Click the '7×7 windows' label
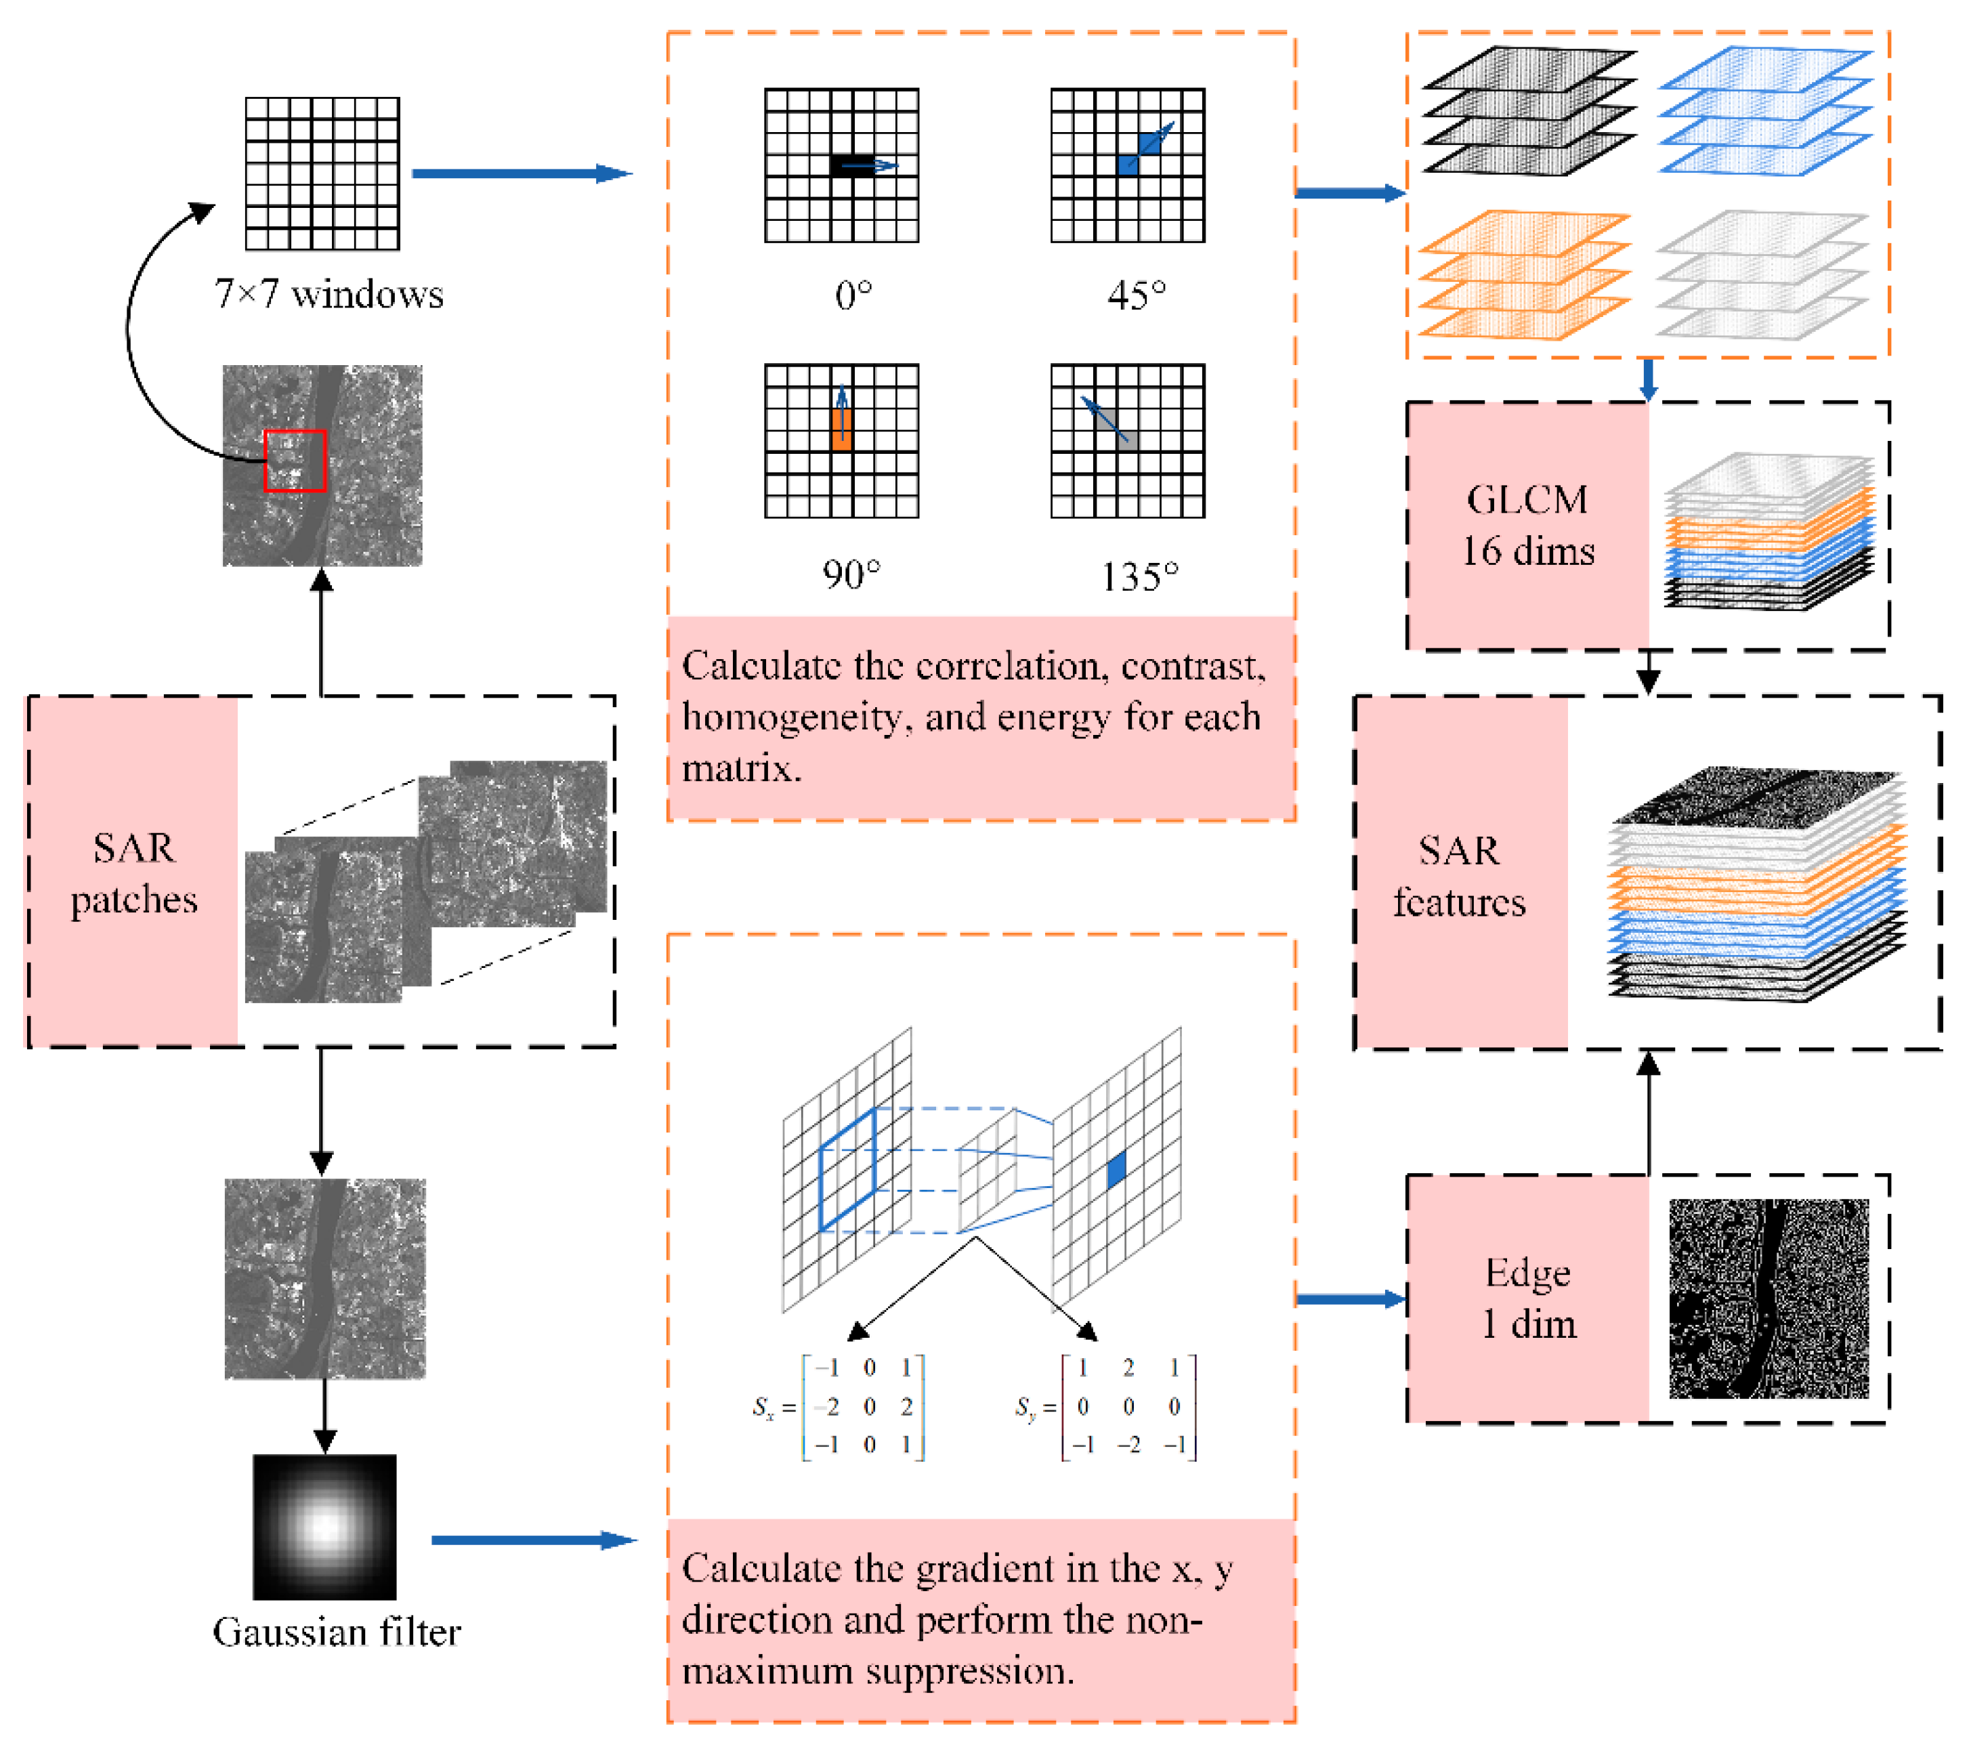(x=329, y=294)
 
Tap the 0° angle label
(x=853, y=295)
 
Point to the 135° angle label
(x=1139, y=577)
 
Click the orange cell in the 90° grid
(x=841, y=429)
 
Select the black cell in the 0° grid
(x=851, y=165)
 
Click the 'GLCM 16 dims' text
(x=1528, y=525)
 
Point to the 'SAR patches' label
(x=134, y=874)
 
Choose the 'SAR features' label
(x=1460, y=877)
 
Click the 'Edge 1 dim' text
(x=1528, y=1299)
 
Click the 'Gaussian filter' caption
(x=336, y=1632)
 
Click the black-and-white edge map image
(x=1769, y=1299)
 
